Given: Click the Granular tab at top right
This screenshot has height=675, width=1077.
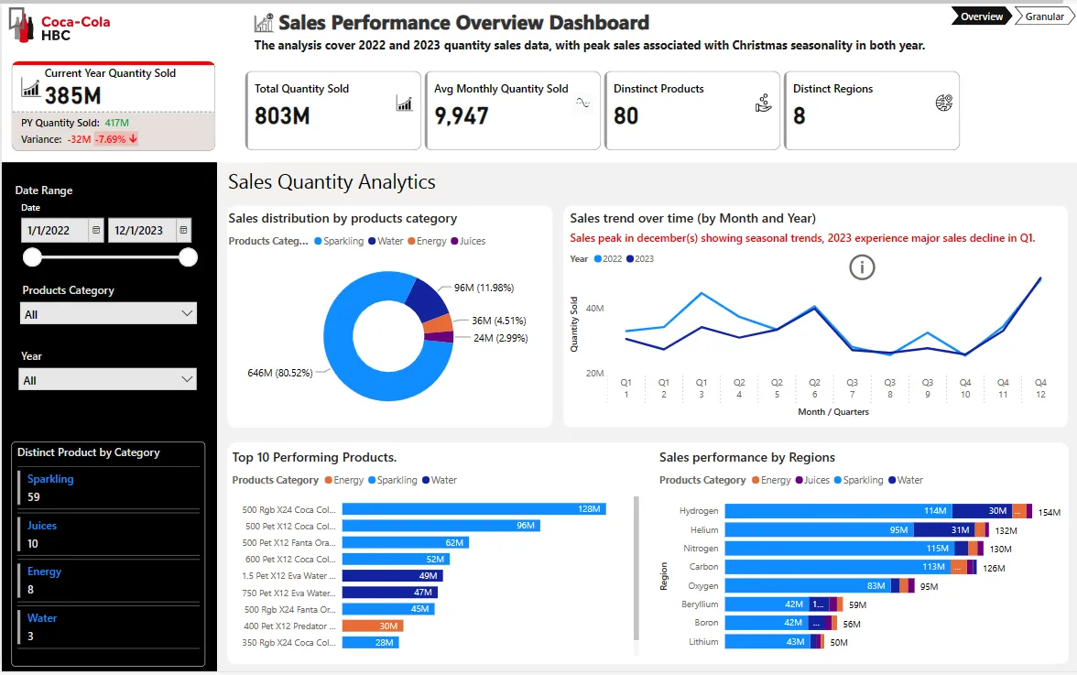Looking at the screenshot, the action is click(1045, 16).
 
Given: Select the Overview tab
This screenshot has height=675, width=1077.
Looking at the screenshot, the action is click(982, 16).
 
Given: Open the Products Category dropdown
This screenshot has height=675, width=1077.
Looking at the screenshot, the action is click(108, 314).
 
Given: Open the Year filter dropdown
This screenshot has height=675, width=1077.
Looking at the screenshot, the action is click(108, 380).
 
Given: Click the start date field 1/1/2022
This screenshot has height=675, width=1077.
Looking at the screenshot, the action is click(55, 230).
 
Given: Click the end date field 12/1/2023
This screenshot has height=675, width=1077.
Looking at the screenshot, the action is click(142, 230).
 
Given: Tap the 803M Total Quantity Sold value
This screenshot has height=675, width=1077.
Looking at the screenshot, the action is click(282, 116).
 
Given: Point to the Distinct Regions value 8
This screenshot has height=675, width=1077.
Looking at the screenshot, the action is click(799, 116).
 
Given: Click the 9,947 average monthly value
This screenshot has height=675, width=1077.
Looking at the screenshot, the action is click(461, 116).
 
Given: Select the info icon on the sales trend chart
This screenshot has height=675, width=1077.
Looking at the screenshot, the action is click(862, 267).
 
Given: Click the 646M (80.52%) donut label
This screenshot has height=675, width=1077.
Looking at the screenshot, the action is click(279, 373).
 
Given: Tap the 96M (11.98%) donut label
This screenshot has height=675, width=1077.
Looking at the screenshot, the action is click(484, 288).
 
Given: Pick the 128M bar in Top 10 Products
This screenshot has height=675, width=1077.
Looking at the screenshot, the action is click(474, 509).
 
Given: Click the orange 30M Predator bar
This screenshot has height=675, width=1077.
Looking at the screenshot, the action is click(373, 626).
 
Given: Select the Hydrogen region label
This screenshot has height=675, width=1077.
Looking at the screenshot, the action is click(699, 511).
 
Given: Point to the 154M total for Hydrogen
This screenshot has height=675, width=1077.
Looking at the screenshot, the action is click(1049, 512).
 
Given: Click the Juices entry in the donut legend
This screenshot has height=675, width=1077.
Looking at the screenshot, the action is click(469, 241).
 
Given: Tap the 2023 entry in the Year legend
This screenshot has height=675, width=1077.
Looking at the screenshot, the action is click(640, 259).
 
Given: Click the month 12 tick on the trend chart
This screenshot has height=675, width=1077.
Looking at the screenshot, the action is click(1040, 395).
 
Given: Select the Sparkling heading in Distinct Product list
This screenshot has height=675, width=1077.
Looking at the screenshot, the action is click(50, 479).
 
